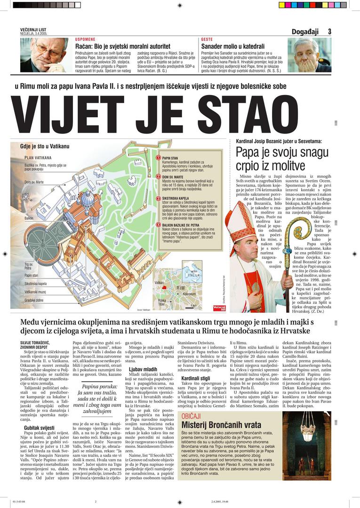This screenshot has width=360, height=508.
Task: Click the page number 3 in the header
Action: tap(330, 32)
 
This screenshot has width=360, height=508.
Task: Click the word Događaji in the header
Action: tap(305, 32)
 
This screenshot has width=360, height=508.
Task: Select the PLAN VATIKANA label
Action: tap(38, 158)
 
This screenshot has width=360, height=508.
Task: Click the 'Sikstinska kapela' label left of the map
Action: tap(36, 284)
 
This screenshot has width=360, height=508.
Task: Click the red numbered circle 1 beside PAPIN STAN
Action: tap(158, 158)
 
